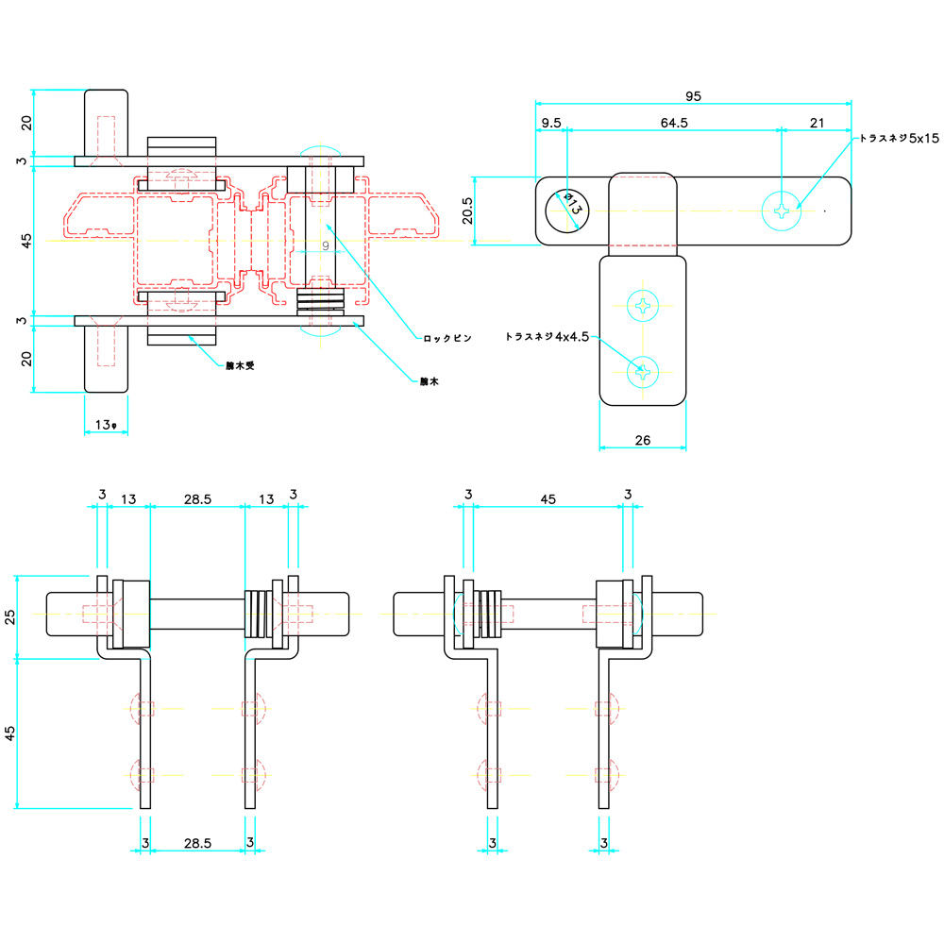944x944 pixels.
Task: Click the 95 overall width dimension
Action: [x=693, y=95]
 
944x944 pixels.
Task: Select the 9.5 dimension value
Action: [x=551, y=123]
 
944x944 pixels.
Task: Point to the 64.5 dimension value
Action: [x=674, y=123]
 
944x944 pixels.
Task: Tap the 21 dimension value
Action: [x=818, y=123]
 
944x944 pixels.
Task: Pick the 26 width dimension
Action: [x=642, y=439]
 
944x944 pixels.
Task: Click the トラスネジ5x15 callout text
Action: [x=899, y=138]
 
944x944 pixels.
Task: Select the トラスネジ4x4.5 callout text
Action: [x=548, y=336]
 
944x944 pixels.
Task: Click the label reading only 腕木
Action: [x=430, y=381]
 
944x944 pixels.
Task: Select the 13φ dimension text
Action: [x=106, y=426]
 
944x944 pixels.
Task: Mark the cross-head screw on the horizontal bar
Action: [x=783, y=211]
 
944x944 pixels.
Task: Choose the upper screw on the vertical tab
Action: [x=644, y=305]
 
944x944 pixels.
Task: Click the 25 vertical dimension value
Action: [x=10, y=616]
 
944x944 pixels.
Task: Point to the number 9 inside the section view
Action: [x=325, y=245]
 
